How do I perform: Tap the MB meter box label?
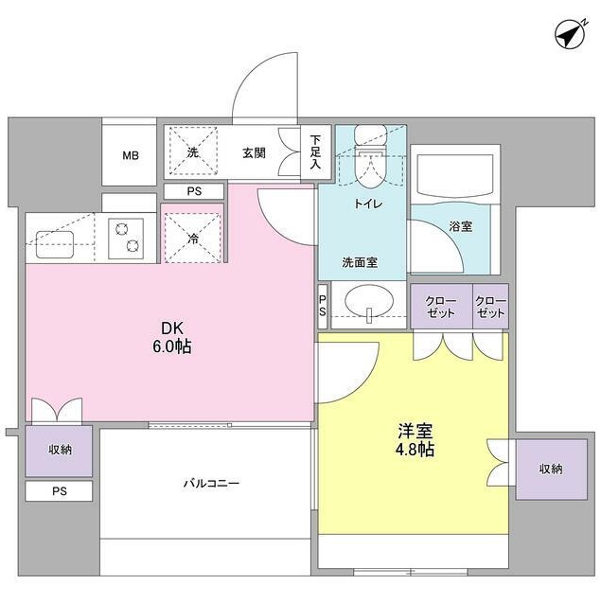131,155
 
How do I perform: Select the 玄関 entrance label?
255,152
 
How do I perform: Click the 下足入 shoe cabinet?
316,151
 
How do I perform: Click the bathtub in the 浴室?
455,175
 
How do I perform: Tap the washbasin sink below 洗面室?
369,301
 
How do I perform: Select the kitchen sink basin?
55,244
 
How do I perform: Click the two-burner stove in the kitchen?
126,239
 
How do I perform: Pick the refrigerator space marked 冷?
193,238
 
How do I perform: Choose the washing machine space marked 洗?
193,151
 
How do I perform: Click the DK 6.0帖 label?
172,338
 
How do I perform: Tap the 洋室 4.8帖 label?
415,440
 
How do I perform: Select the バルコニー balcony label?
211,483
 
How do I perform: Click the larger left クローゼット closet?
441,307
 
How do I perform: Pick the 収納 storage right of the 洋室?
551,470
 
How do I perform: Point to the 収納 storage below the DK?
59,451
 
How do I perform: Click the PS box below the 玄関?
194,191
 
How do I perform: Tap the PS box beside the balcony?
59,491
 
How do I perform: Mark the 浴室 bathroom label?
460,226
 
